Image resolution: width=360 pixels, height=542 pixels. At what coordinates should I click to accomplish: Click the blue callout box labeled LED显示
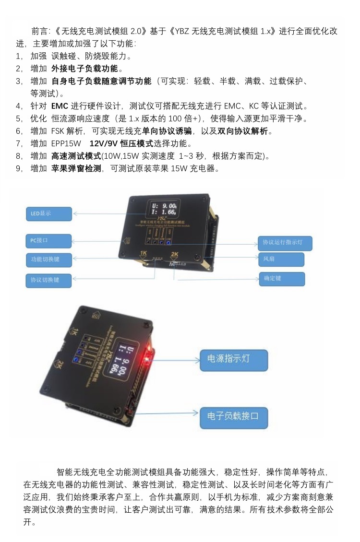(x=48, y=214)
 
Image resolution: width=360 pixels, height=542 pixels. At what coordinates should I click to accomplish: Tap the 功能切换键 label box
(x=48, y=259)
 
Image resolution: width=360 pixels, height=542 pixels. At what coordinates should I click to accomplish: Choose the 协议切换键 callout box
(x=48, y=280)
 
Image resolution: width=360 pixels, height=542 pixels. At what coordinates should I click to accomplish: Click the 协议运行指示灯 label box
(x=285, y=243)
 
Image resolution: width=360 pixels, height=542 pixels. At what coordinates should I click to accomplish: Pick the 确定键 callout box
(x=281, y=279)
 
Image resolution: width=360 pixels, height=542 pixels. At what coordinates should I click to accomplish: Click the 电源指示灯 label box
(x=234, y=360)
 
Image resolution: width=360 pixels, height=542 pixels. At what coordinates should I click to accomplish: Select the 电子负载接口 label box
(x=234, y=416)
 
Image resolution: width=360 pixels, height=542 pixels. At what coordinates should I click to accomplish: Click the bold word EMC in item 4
(x=60, y=106)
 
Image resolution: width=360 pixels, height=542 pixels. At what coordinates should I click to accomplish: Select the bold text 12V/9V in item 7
(x=105, y=143)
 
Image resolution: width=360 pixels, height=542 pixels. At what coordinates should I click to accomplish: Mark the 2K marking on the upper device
(x=174, y=255)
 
